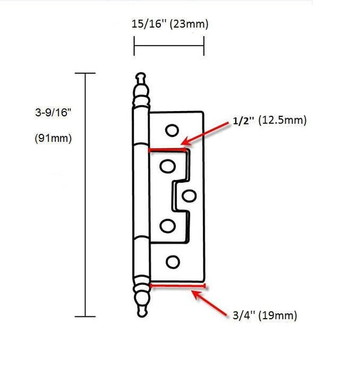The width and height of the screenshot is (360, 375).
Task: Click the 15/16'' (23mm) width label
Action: pos(170,25)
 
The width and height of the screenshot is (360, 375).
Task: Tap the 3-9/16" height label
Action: pos(53,111)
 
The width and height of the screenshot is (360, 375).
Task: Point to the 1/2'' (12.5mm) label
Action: pos(269,121)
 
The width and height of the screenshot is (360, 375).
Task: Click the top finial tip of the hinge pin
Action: pos(140,77)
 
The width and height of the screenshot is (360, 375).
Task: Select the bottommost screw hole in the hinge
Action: pos(172,262)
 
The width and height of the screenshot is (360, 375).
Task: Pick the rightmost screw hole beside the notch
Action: pos(189,194)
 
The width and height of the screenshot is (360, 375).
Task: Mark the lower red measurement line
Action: pos(178,286)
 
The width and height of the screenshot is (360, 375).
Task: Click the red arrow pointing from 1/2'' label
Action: pos(207,134)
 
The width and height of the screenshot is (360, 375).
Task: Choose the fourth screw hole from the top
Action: pos(167,227)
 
